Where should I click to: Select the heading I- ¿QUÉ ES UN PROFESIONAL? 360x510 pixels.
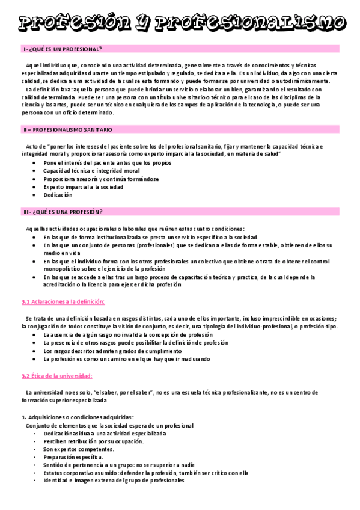[63, 49]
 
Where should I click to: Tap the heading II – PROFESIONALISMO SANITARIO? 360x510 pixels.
[67, 130]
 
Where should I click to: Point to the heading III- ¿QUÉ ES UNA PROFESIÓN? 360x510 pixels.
[63, 212]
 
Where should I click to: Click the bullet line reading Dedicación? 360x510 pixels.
[58, 195]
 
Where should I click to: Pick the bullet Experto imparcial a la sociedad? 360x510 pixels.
[84, 187]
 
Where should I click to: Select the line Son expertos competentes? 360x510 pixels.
[79, 449]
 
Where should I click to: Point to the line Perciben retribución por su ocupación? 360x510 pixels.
[94, 441]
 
